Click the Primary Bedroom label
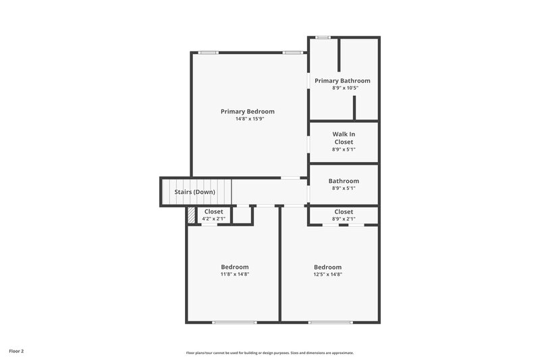coord(248,111)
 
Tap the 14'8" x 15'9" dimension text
coord(248,120)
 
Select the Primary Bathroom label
coord(342,80)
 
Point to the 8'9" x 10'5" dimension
coord(344,88)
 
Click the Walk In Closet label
coord(344,138)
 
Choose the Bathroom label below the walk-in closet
coord(344,181)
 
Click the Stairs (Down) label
coord(195,192)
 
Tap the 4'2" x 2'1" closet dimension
coord(213,219)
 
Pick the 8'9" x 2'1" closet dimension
coord(344,219)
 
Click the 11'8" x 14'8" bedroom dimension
coord(234,274)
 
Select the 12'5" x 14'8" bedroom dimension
coord(327,274)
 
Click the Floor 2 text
coord(16,351)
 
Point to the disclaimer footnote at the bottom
coord(270,353)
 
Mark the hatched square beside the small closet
coord(192,215)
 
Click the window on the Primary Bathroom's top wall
coord(323,37)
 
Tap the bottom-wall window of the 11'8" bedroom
coord(234,322)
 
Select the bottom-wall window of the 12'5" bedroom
coord(330,322)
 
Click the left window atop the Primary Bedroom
coord(208,52)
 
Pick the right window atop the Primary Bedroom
coord(292,52)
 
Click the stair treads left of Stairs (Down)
coord(168,192)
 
